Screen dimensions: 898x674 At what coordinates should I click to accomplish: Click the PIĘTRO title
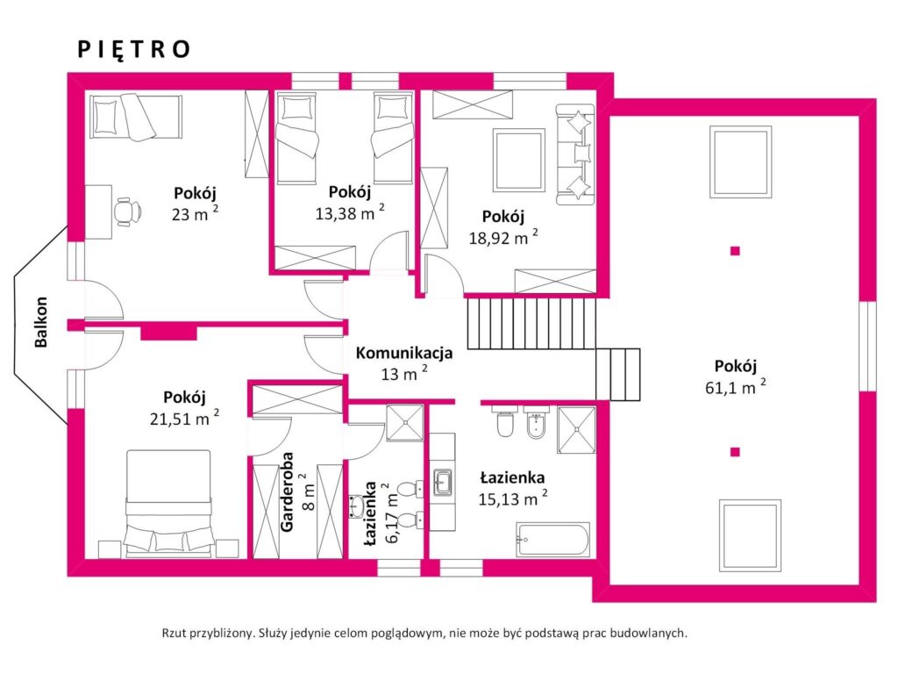pyautogui.click(x=133, y=49)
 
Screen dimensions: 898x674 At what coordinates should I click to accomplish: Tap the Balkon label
pyautogui.click(x=41, y=322)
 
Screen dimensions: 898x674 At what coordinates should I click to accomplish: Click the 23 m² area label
pyautogui.click(x=195, y=214)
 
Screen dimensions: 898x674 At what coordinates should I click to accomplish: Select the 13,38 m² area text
pyautogui.click(x=349, y=212)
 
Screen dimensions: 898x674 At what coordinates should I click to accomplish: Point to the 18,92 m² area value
pyautogui.click(x=503, y=237)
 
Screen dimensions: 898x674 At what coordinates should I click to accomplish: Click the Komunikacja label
pyautogui.click(x=404, y=353)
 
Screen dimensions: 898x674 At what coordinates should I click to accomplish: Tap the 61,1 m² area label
pyautogui.click(x=736, y=387)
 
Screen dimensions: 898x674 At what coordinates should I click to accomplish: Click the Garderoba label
pyautogui.click(x=287, y=491)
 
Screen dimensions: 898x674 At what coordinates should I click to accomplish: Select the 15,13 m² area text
pyautogui.click(x=512, y=498)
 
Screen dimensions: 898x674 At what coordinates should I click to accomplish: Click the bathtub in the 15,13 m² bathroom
pyautogui.click(x=552, y=540)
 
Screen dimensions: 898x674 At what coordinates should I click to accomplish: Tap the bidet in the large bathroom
pyautogui.click(x=537, y=423)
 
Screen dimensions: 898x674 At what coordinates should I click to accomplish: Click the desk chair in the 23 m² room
pyautogui.click(x=127, y=212)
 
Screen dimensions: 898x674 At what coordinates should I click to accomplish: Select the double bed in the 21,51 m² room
pyautogui.click(x=168, y=504)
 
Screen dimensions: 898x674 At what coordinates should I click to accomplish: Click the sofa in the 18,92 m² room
pyautogui.click(x=575, y=154)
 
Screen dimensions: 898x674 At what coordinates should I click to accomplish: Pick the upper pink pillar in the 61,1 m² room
pyautogui.click(x=736, y=250)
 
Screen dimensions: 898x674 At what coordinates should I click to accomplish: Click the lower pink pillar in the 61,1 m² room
pyautogui.click(x=736, y=452)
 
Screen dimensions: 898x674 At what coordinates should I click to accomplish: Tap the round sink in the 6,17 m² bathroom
pyautogui.click(x=356, y=506)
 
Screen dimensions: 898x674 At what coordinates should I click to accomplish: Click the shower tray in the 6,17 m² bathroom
pyautogui.click(x=405, y=423)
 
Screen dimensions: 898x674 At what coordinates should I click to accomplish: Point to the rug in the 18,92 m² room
pyautogui.click(x=519, y=161)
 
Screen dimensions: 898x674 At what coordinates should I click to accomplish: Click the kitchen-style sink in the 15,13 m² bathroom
pyautogui.click(x=443, y=483)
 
